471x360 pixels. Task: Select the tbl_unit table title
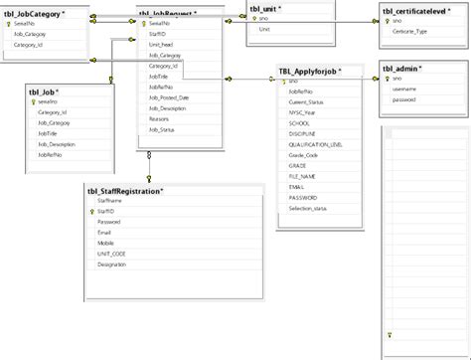pyautogui.click(x=264, y=7)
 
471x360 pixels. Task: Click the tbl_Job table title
pyautogui.click(x=46, y=90)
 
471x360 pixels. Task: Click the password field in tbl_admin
pyautogui.click(x=405, y=99)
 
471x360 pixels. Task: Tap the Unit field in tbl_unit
pyautogui.click(x=264, y=29)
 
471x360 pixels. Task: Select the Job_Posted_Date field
pyautogui.click(x=170, y=97)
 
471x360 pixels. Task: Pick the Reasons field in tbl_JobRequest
pyautogui.click(x=159, y=118)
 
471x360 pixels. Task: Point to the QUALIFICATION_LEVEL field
pyautogui.click(x=316, y=144)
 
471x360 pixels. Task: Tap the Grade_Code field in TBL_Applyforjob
pyautogui.click(x=303, y=155)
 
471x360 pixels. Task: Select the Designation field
pyautogui.click(x=112, y=264)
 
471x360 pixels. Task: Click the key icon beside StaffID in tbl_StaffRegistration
pyautogui.click(x=89, y=211)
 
